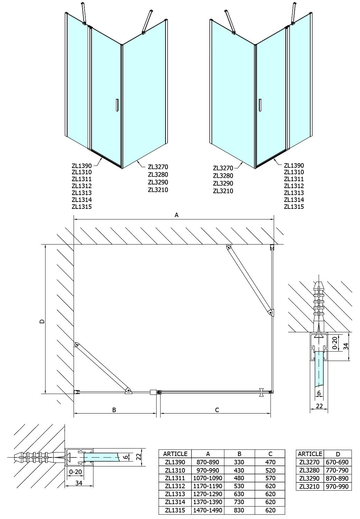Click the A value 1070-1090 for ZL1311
208,478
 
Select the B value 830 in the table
239,510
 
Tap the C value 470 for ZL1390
270,462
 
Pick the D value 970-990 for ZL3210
337,486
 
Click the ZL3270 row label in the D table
309,462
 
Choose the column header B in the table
239,454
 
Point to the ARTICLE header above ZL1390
175,454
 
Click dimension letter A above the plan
177,215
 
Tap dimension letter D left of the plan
42,321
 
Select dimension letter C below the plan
217,410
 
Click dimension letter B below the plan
114,410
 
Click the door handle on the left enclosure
117,106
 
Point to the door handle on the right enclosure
260,106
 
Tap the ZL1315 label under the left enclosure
82,207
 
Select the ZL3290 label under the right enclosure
223,183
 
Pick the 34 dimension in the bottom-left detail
79,483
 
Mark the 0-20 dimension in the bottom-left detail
75,472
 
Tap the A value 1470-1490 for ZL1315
208,510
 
